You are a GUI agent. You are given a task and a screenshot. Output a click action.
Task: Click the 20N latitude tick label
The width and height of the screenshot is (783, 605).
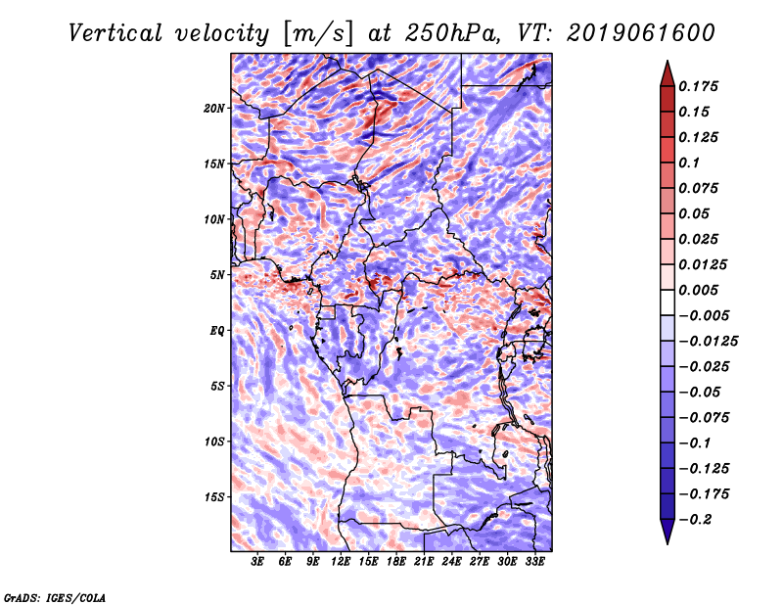tap(214, 109)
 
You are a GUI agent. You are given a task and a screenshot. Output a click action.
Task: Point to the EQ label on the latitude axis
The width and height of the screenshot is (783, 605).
tap(216, 331)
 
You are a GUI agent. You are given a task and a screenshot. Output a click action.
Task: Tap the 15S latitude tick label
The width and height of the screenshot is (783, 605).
tap(214, 497)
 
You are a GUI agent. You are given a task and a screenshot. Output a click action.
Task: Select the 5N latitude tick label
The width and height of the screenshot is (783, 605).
tap(217, 275)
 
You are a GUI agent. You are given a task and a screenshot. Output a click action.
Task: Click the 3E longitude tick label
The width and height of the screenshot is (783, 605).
tap(257, 562)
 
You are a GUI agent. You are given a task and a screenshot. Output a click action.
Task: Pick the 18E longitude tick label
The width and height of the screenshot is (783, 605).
tap(396, 562)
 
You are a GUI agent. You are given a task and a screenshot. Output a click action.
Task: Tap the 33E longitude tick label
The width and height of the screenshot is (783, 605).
tap(534, 562)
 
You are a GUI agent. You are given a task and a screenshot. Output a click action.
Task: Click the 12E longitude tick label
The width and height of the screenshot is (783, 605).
tap(341, 562)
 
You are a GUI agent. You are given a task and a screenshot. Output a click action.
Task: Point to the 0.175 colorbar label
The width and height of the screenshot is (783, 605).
tap(698, 86)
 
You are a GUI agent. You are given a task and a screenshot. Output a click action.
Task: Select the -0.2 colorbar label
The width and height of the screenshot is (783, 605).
tap(695, 520)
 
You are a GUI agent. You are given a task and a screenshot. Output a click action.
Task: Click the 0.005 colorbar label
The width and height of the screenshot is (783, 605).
tap(698, 290)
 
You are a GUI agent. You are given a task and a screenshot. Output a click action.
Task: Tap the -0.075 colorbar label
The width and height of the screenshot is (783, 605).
tap(704, 418)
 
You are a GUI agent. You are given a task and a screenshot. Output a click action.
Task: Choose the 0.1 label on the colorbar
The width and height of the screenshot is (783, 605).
tap(689, 163)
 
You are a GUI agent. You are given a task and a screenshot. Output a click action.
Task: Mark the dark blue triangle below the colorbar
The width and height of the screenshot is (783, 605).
tap(668, 531)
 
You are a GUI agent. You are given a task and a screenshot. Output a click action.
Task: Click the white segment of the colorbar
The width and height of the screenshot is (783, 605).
tap(668, 302)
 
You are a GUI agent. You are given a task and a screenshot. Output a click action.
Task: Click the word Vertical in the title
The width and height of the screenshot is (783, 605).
tap(115, 33)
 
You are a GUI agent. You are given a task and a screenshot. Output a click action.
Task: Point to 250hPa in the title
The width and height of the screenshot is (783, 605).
tap(452, 33)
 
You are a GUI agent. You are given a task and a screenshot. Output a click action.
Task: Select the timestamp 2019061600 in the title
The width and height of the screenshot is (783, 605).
tap(641, 33)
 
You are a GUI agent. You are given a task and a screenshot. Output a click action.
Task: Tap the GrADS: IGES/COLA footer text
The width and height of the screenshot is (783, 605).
tap(55, 598)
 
